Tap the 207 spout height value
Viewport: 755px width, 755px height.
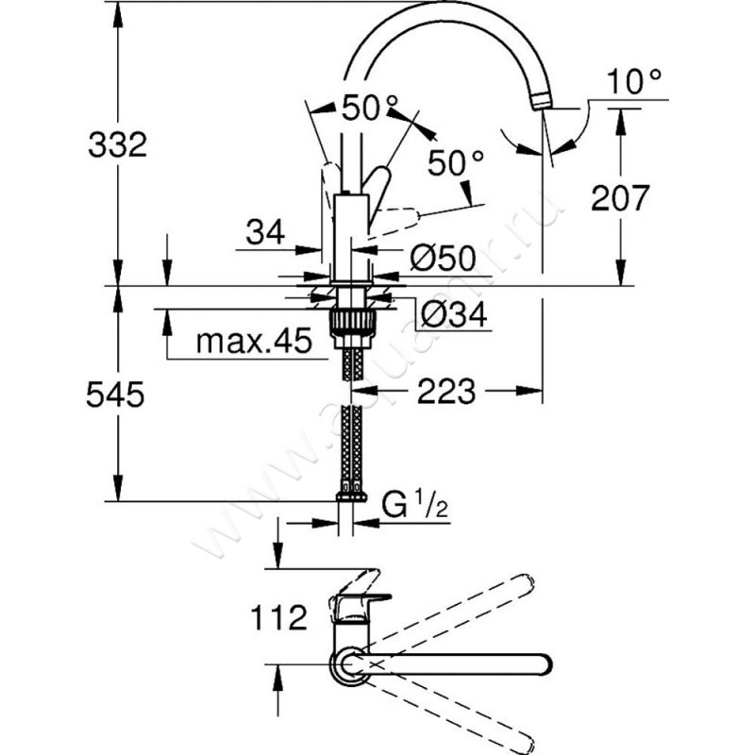(x=620, y=197)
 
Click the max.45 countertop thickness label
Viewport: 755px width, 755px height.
(x=253, y=342)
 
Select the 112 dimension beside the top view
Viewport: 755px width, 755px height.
(x=279, y=619)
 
